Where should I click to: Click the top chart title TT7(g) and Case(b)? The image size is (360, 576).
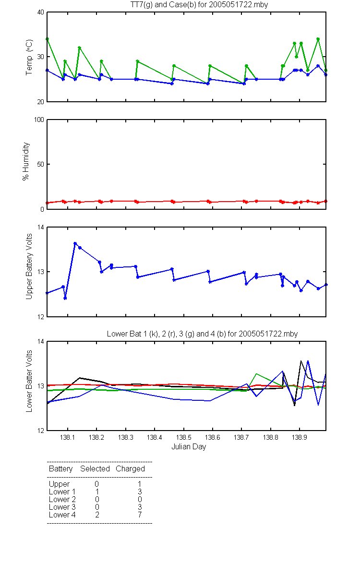tap(199, 5)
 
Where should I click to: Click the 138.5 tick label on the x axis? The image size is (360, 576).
tap(183, 437)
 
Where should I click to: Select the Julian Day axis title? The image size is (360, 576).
tap(189, 447)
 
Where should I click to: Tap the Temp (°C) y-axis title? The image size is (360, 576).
tap(29, 57)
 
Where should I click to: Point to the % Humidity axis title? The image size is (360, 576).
tap(26, 161)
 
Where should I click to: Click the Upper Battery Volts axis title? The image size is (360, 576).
tap(29, 266)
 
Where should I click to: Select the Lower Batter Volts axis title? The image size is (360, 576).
tap(29, 381)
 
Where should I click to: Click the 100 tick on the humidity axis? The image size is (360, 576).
tap(39, 120)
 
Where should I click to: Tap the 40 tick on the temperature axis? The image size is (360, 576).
tap(41, 12)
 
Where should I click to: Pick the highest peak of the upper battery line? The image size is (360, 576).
tap(75, 243)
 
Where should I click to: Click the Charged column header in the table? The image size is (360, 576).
tap(130, 468)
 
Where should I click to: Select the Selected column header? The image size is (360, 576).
tap(95, 468)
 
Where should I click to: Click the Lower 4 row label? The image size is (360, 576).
tap(62, 515)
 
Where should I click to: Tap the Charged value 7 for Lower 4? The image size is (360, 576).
tap(140, 515)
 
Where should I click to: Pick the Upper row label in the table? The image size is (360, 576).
tap(59, 484)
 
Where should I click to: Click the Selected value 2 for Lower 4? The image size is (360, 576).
tap(97, 515)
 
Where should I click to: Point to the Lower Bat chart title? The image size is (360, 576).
tap(202, 334)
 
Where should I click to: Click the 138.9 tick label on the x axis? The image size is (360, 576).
tap(300, 437)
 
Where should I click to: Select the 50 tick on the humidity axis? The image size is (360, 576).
tap(41, 164)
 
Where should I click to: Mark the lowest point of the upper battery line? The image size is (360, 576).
tap(65, 298)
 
